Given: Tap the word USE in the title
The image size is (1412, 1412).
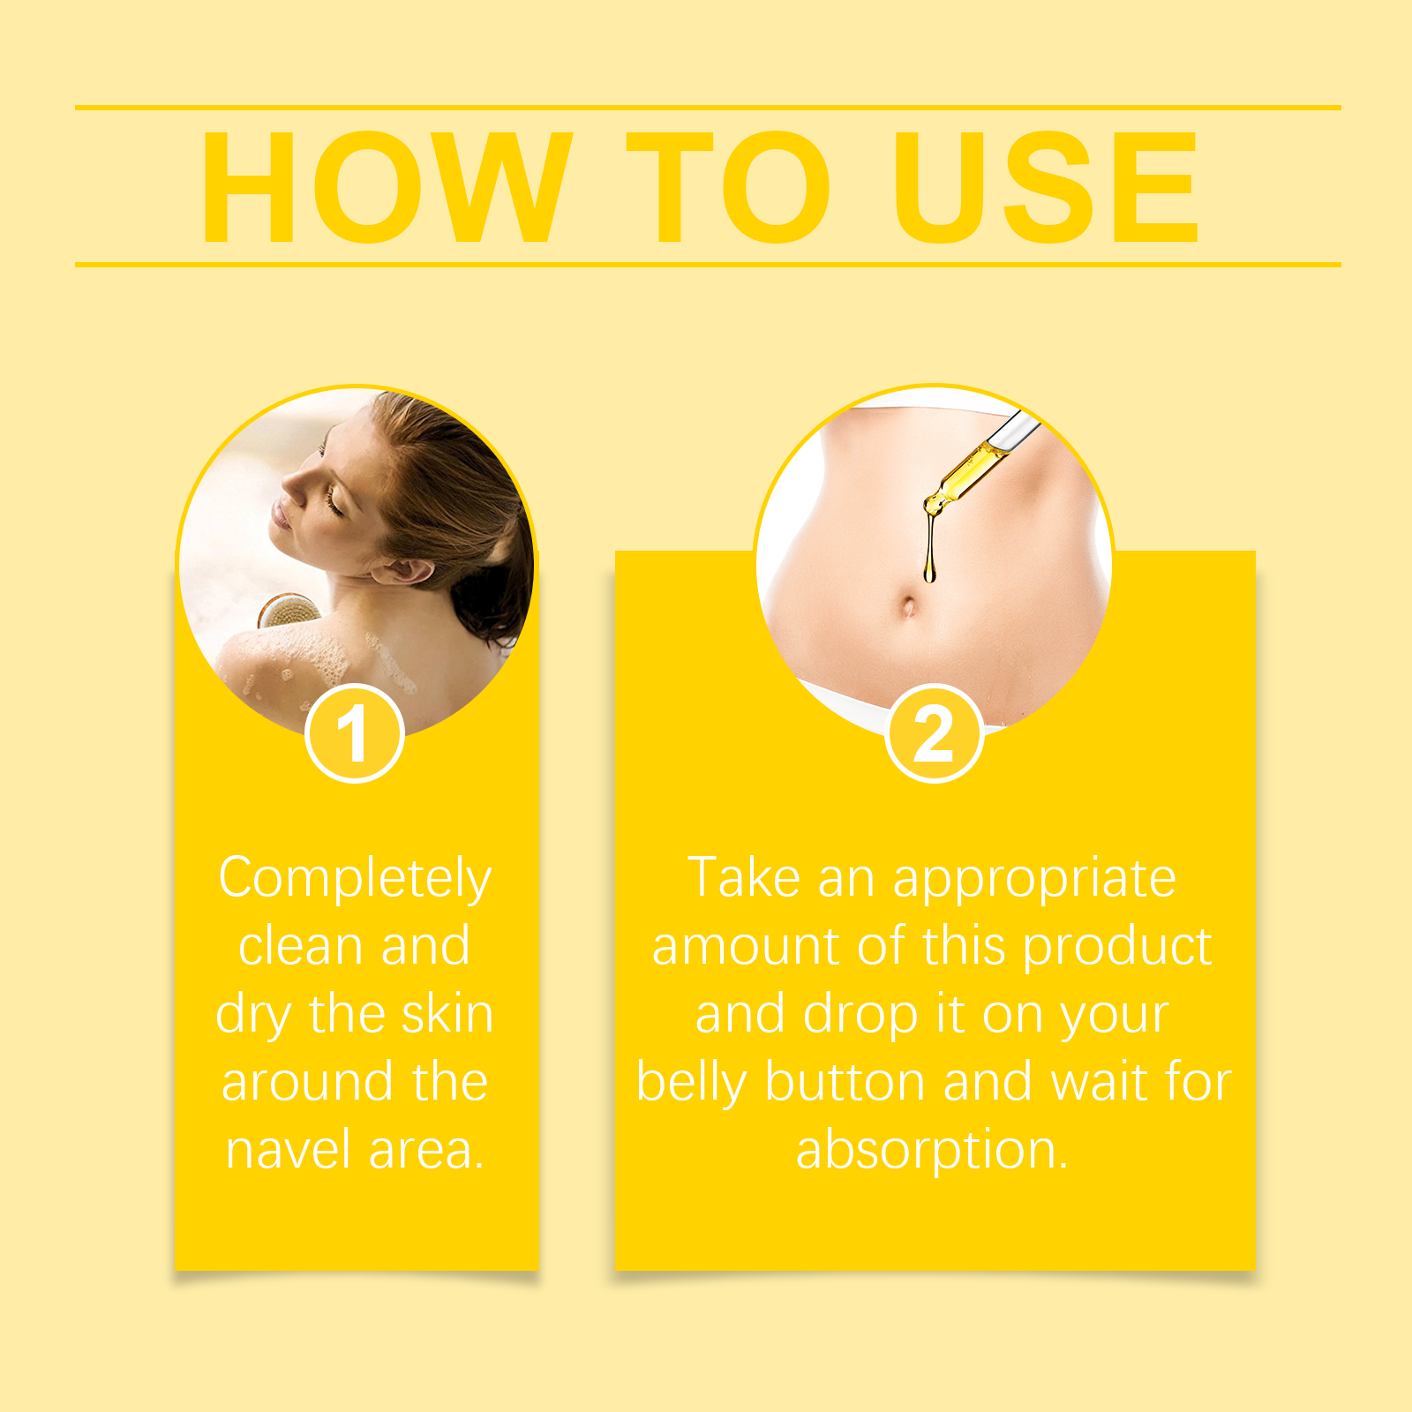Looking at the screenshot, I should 1046,187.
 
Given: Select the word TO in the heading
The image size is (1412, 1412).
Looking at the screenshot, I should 728,187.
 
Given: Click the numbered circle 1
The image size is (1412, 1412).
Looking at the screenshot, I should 355,733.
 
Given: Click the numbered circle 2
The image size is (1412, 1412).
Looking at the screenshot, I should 934,733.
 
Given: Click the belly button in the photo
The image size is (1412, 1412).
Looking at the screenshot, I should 908,607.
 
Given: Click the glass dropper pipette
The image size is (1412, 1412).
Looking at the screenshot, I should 980,463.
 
